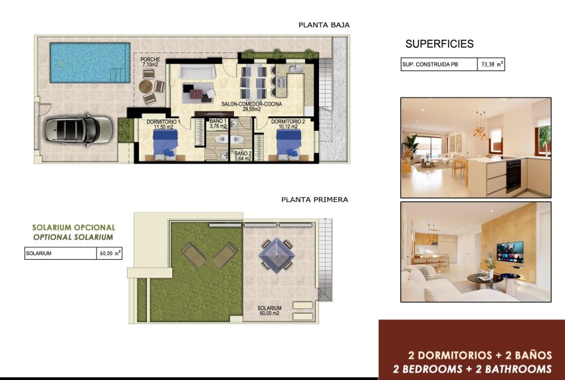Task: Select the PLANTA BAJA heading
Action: click(x=324, y=25)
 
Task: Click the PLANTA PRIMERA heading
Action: click(x=314, y=199)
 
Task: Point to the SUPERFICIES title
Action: click(x=439, y=45)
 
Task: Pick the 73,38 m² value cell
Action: click(x=491, y=64)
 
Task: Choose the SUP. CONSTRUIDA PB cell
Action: click(x=438, y=64)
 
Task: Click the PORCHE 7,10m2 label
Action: click(x=150, y=62)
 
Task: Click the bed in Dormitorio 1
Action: click(x=165, y=143)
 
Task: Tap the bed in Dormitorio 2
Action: click(x=288, y=143)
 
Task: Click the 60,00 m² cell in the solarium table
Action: click(x=110, y=253)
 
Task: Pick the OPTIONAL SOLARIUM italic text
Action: click(x=73, y=237)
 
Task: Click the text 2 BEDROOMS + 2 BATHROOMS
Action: click(x=473, y=369)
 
